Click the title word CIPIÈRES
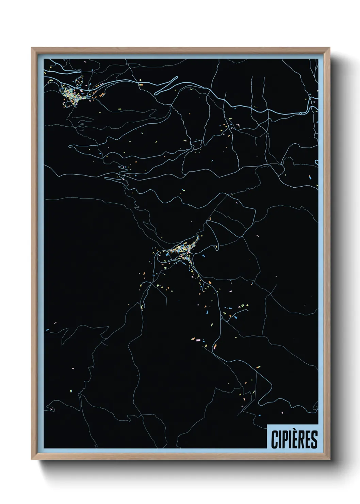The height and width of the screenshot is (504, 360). tap(294, 439)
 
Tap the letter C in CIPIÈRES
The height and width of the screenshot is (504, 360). tap(274, 440)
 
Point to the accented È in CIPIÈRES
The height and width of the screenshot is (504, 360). tap(295, 439)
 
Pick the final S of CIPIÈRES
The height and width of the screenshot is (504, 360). tap(314, 440)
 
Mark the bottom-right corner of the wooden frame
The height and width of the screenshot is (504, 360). tap(330, 459)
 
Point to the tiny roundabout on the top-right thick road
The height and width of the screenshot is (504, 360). tap(301, 113)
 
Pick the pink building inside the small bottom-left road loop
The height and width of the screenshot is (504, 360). tap(51, 409)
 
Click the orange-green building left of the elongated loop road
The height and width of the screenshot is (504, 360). tap(141, 84)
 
